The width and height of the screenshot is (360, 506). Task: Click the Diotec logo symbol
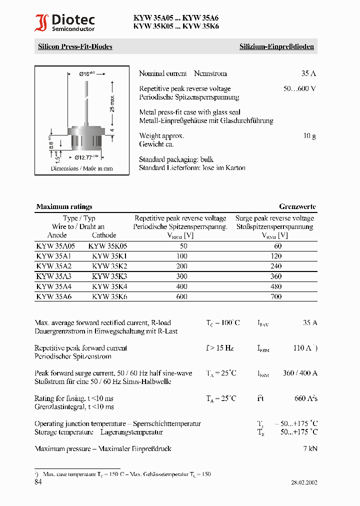[41, 23]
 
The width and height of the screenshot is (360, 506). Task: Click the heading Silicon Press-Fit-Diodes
[75, 46]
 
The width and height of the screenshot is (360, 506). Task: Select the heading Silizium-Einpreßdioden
[276, 46]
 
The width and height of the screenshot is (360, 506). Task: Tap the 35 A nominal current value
[308, 73]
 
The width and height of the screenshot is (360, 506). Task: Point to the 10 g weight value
[309, 135]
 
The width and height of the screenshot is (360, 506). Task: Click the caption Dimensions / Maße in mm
[81, 168]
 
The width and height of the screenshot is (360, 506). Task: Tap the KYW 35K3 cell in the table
[109, 276]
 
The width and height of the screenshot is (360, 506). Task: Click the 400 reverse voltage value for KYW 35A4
[182, 286]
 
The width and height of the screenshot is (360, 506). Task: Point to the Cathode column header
[104, 235]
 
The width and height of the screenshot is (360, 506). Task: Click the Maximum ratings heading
[64, 206]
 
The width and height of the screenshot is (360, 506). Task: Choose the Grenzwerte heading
[297, 206]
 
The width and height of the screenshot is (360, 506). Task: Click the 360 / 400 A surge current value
[300, 373]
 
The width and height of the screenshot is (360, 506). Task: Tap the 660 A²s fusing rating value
[305, 398]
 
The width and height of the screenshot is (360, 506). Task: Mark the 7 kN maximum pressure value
[309, 448]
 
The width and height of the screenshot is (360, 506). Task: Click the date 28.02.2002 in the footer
[304, 482]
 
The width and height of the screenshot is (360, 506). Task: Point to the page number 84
[38, 482]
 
